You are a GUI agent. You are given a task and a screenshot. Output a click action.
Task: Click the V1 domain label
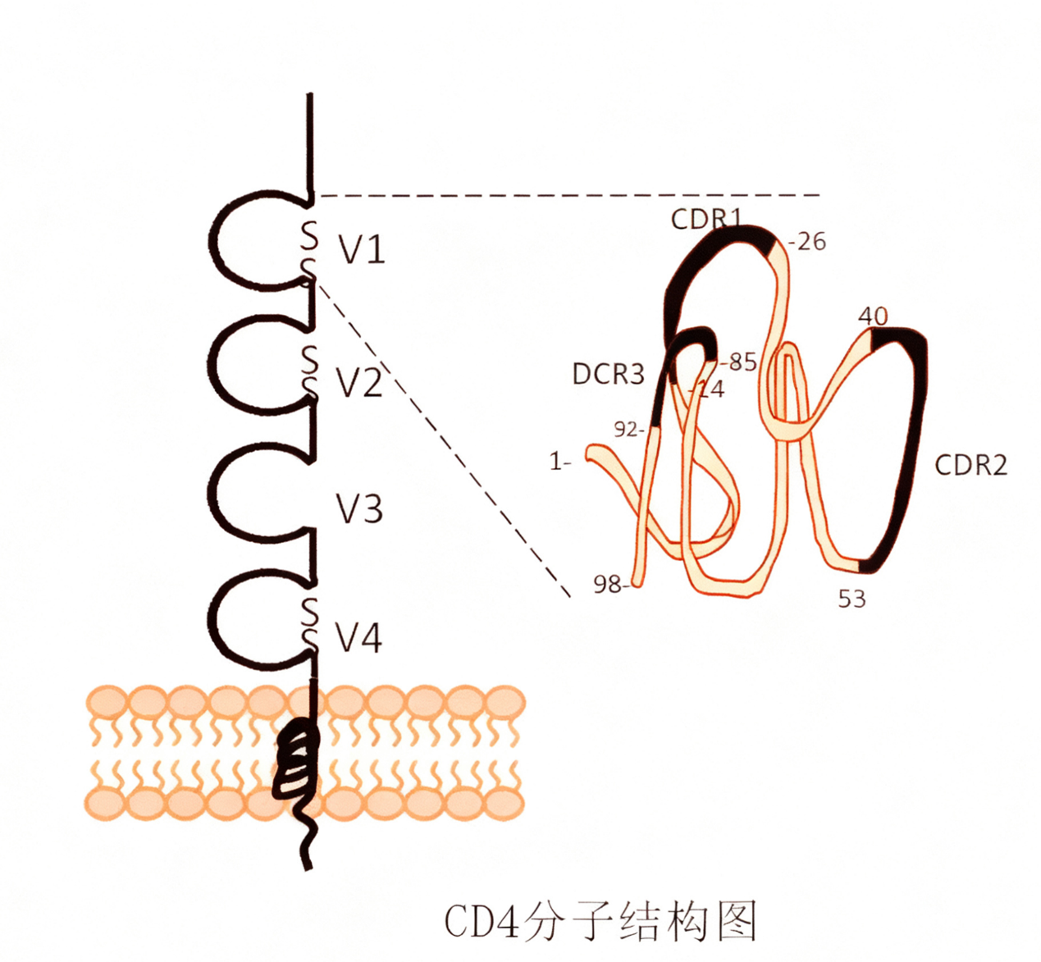point(362,248)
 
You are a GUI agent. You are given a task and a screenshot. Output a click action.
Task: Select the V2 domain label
point(359,382)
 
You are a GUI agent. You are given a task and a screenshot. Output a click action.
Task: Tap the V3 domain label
point(359,509)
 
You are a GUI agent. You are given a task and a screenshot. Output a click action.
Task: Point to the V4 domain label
point(359,637)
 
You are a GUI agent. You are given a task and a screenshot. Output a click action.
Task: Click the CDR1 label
point(705,219)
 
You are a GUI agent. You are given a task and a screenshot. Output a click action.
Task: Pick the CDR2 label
point(970,465)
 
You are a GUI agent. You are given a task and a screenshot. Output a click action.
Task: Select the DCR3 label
point(608,374)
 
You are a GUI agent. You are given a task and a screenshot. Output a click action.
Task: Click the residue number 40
point(874,316)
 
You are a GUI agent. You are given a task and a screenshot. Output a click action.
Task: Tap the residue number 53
point(852,599)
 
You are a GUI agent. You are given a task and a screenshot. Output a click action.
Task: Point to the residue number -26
point(807,242)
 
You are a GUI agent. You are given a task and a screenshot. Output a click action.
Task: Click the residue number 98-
point(610,584)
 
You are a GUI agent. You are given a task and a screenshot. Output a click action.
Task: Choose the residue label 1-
point(560,462)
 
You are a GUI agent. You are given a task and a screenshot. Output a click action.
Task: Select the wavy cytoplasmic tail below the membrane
point(307,841)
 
